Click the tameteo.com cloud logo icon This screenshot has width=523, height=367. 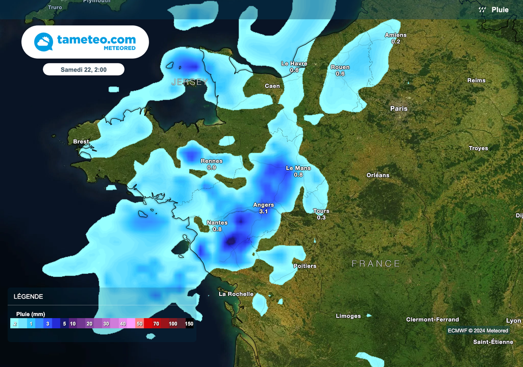(43, 42)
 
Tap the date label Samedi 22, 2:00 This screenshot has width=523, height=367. (83, 69)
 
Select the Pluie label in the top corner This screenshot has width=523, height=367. (500, 10)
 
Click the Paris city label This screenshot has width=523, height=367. (399, 109)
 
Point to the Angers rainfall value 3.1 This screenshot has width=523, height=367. (264, 211)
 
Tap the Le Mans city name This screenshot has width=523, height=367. (298, 168)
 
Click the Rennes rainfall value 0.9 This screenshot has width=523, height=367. (211, 167)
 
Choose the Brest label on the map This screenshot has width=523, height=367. (81, 142)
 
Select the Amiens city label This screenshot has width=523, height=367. (396, 35)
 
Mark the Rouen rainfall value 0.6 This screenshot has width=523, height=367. (340, 74)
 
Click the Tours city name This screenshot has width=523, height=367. (321, 211)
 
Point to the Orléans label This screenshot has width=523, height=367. (378, 175)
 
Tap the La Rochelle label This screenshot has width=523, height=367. (236, 294)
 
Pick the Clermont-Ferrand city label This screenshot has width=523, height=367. (432, 320)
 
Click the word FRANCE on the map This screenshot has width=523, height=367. (376, 263)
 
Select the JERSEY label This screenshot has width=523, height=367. (189, 82)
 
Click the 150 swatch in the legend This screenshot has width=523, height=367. (189, 324)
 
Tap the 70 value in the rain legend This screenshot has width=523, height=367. (156, 324)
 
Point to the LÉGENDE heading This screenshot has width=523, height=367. (28, 297)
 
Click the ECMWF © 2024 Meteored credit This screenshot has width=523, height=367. (478, 331)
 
